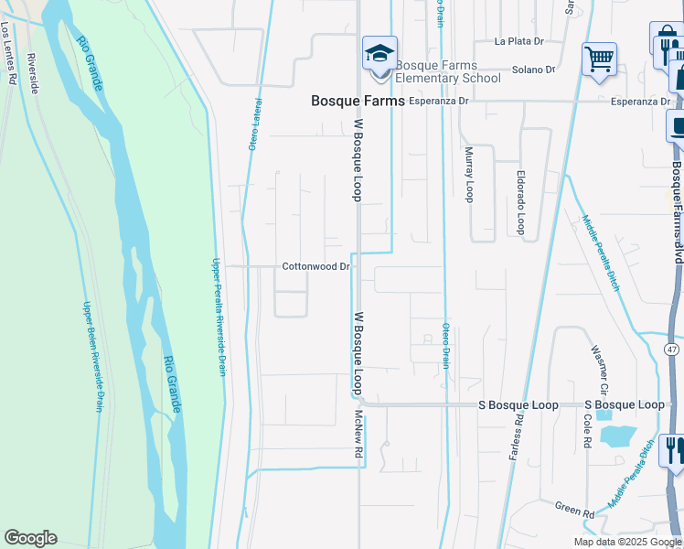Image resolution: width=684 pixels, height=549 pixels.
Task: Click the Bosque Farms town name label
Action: pyautogui.click(x=358, y=101)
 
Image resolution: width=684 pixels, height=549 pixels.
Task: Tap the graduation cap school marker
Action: pyautogui.click(x=379, y=52)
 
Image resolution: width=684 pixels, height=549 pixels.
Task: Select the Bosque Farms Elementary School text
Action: pyautogui.click(x=449, y=71)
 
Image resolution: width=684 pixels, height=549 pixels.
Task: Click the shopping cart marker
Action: pyautogui.click(x=599, y=59)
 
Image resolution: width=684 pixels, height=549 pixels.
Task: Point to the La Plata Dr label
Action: pyautogui.click(x=518, y=41)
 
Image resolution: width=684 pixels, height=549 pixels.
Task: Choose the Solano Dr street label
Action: pyautogui.click(x=534, y=70)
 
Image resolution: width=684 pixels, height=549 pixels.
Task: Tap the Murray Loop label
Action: pyautogui.click(x=469, y=175)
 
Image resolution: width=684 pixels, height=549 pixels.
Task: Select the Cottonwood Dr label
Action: pyautogui.click(x=316, y=267)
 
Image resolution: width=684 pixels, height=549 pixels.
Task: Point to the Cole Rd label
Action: pyautogui.click(x=585, y=428)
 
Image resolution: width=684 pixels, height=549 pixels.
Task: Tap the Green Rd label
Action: pyautogui.click(x=574, y=504)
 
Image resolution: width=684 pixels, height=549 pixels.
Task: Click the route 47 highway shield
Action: pyautogui.click(x=672, y=350)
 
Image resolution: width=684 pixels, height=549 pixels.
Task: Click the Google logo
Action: pyautogui.click(x=30, y=538)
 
